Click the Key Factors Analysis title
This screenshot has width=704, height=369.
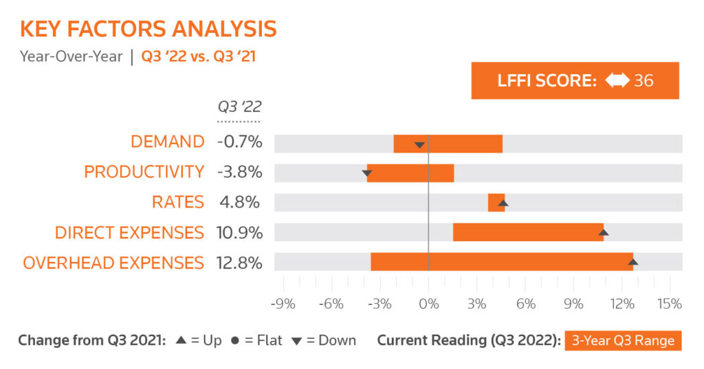(148, 29)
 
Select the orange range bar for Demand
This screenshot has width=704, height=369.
(448, 144)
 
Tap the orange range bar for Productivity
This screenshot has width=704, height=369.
(410, 172)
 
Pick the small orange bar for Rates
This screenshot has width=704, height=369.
(496, 203)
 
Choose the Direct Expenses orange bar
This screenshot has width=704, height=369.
(528, 232)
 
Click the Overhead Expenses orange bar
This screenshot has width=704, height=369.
(501, 262)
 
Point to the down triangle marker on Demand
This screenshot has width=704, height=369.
(419, 145)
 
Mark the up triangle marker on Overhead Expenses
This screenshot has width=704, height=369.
(632, 262)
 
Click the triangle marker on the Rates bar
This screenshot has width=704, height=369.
(503, 203)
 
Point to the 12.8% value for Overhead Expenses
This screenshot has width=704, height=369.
(240, 262)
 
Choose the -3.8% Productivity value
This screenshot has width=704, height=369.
(239, 172)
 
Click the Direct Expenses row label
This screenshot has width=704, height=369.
(129, 232)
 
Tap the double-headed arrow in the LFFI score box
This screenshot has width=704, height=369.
(616, 80)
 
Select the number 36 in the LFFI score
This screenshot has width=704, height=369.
(643, 80)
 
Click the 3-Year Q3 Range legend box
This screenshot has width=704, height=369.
(623, 341)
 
